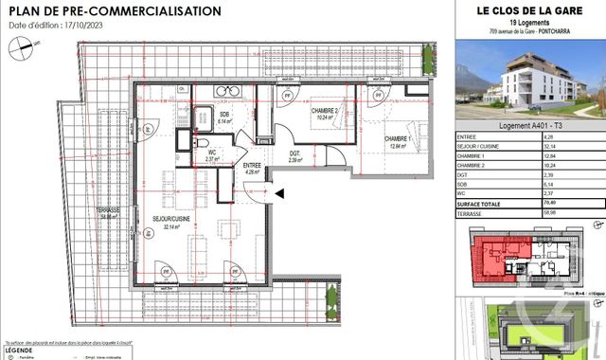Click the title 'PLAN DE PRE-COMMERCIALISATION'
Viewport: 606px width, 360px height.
(x=114, y=10)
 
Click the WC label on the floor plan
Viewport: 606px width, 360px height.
(x=213, y=154)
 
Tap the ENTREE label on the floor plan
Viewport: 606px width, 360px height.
(x=252, y=168)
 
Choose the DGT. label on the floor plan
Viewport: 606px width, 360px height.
(x=294, y=154)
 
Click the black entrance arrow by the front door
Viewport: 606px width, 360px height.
(x=278, y=194)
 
